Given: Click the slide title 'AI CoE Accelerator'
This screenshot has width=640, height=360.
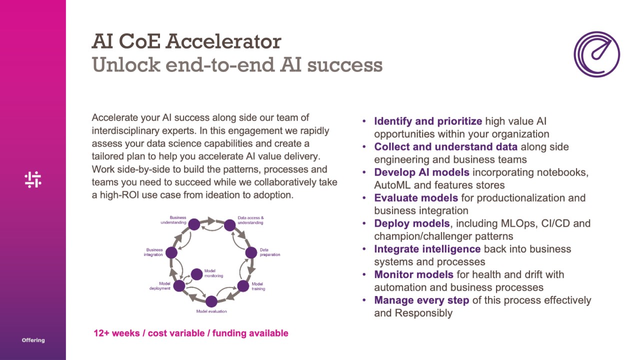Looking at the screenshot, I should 186,41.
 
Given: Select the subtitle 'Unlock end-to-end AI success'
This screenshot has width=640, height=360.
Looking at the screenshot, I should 237,65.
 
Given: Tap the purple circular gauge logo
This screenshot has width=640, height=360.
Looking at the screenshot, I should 596,54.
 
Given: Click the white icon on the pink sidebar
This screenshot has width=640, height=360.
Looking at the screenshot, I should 33,179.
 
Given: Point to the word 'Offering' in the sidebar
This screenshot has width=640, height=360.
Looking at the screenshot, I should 33,340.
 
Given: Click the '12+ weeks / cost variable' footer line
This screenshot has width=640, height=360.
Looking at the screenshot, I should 190,333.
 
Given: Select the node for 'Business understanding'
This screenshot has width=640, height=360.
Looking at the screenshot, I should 194,224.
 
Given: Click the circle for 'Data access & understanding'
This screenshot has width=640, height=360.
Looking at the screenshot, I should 229,225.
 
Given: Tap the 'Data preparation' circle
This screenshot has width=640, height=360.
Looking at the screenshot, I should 251,252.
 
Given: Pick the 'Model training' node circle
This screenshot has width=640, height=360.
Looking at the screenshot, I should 243,286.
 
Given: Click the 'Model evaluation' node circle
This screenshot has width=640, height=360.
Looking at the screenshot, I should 211,301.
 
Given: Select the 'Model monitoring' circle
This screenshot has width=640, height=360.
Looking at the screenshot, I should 197,274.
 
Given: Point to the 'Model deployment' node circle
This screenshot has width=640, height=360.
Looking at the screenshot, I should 179,286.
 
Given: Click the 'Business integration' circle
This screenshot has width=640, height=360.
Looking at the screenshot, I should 171,252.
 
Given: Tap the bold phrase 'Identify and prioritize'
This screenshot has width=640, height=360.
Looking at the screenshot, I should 428,121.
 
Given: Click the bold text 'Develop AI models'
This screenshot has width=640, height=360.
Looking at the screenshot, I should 421,172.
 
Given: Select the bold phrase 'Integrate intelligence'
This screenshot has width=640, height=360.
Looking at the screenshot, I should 427,249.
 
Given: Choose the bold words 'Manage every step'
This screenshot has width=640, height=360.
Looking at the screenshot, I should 421,300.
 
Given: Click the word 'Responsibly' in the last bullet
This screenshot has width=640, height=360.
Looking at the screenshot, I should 423,313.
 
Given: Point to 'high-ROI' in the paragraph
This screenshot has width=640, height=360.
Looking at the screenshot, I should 118,195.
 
